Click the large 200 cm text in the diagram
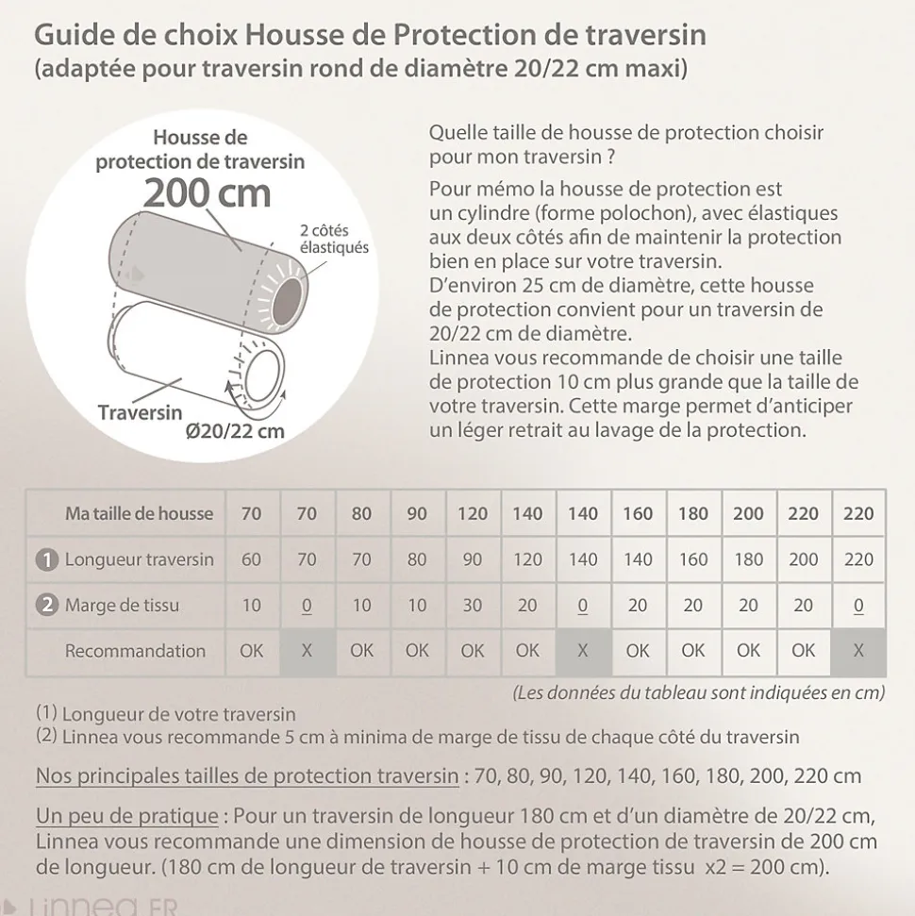(x=207, y=193)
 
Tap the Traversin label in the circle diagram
(x=141, y=412)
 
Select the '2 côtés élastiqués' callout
(x=334, y=239)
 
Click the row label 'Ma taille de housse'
(x=139, y=514)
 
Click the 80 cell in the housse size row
(x=362, y=514)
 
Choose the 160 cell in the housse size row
(x=638, y=514)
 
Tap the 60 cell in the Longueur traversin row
(x=252, y=559)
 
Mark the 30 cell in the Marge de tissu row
(x=473, y=606)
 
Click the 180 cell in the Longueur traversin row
(x=748, y=559)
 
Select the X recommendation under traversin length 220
(x=858, y=651)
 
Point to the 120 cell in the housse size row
(x=473, y=514)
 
